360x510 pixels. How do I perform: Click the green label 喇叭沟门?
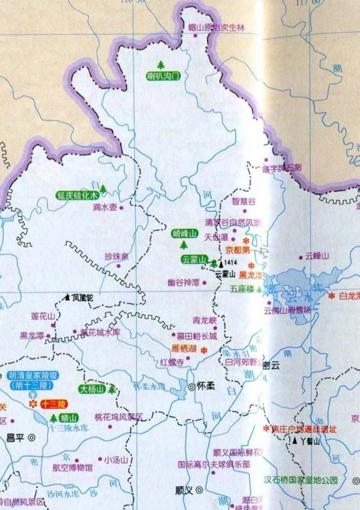coord(164,76)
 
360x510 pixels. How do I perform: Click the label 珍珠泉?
coord(116,257)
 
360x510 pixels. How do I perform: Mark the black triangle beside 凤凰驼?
coord(67,297)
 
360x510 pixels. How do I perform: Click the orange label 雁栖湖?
coord(184,349)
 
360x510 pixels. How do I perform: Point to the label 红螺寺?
coord(171,363)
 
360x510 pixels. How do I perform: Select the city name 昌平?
coord(14,437)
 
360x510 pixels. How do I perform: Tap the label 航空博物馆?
coord(73,467)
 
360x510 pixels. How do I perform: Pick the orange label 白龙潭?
coord(349,296)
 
